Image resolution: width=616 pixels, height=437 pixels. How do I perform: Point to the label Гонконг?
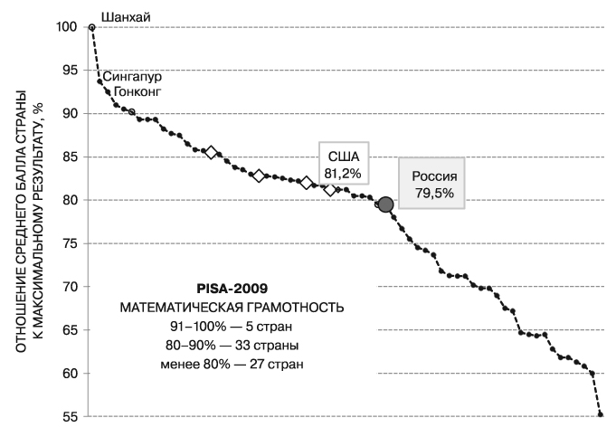[x=137, y=92]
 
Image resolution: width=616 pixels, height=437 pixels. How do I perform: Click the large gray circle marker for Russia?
[x=385, y=204]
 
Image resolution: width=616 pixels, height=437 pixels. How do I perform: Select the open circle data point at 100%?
[x=92, y=27]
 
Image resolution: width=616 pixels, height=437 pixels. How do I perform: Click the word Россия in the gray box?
[x=434, y=177]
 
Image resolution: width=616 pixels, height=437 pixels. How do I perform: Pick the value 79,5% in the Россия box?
[x=434, y=193]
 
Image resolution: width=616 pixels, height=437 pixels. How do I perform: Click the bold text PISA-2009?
[x=232, y=290]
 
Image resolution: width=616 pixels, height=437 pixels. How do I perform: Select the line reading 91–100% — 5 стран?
[x=232, y=326]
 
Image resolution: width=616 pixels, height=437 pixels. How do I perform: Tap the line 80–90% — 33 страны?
[x=232, y=345]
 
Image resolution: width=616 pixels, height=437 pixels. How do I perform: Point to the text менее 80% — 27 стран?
[x=232, y=364]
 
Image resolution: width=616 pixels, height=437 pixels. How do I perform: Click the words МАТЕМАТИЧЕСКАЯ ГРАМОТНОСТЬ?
[x=232, y=308]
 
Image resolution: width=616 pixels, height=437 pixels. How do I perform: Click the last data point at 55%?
[x=602, y=414]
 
